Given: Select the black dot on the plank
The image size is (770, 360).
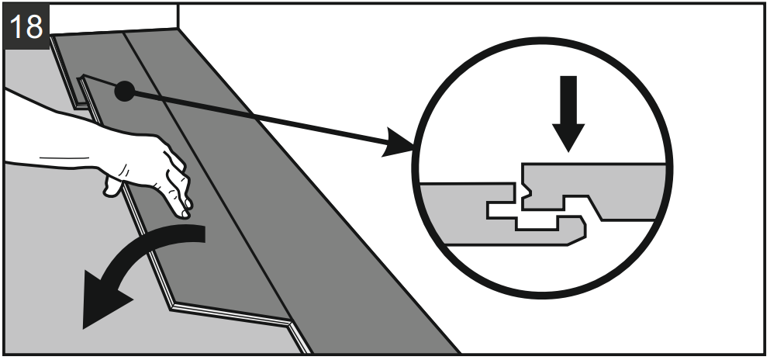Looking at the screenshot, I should (x=123, y=92).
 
